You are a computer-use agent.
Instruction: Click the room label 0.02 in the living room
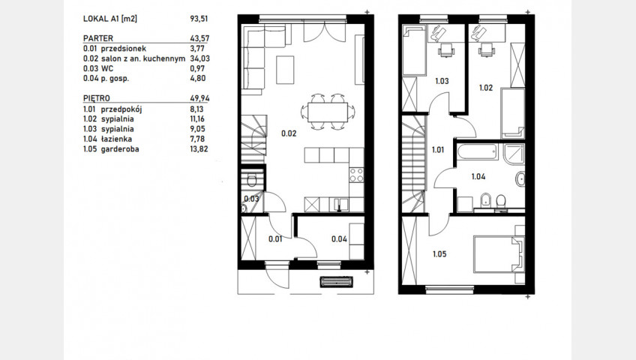[289, 133]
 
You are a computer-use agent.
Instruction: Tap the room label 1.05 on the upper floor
[439, 254]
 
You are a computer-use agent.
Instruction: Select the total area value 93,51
[199, 19]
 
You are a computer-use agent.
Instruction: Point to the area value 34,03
[199, 58]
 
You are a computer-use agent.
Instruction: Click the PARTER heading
[98, 38]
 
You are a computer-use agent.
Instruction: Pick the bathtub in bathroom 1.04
[478, 152]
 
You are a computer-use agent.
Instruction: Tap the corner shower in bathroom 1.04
[514, 154]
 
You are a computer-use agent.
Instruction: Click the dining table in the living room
[327, 112]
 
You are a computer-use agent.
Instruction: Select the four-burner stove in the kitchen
[356, 175]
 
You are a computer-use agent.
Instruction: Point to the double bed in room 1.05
[499, 254]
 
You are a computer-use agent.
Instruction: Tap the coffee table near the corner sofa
[285, 70]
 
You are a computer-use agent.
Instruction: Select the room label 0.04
[339, 239]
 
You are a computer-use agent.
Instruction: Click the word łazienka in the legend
[116, 139]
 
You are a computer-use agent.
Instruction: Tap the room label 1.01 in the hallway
[438, 150]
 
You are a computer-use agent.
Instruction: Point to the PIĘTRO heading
[97, 98]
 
